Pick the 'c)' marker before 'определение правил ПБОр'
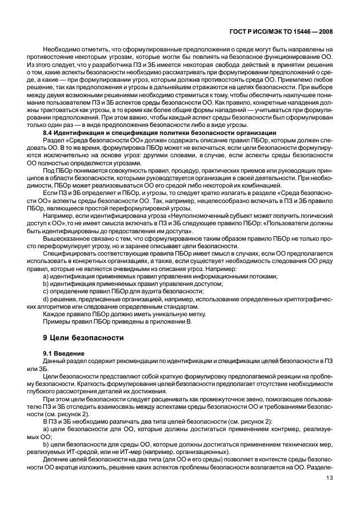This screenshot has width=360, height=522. point(46,292)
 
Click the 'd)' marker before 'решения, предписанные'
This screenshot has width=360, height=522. point(46,299)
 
